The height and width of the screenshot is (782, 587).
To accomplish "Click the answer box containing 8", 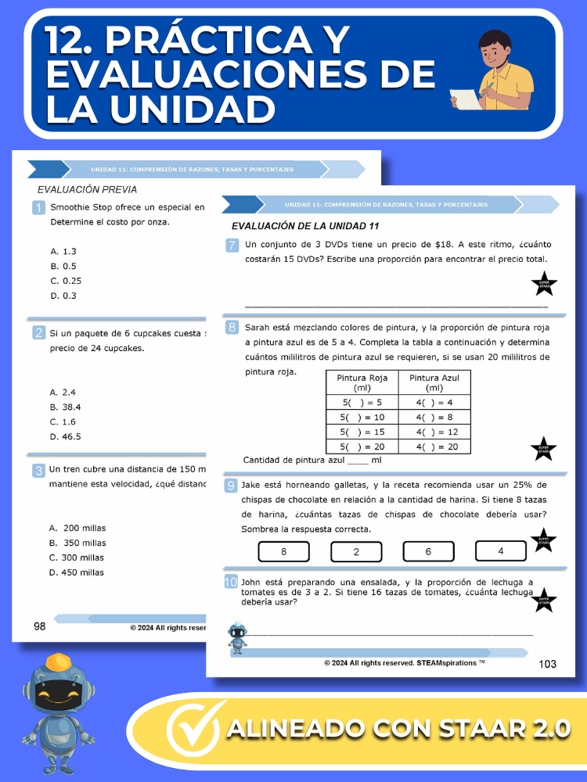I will [283, 551].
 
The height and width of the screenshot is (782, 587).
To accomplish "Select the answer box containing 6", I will [428, 551].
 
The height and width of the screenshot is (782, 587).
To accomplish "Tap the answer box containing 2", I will [356, 551].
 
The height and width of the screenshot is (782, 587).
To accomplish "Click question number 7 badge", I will [232, 246].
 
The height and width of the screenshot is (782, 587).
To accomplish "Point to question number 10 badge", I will [231, 582].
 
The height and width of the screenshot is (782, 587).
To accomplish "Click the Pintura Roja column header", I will [362, 382].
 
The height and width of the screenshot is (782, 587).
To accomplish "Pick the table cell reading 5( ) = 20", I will [362, 447].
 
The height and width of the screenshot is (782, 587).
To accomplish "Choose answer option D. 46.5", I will [66, 436].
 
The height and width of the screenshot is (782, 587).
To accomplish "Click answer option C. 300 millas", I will [77, 558].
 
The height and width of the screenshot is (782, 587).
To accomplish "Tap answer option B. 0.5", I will [63, 266].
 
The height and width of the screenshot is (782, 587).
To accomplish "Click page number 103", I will [548, 664].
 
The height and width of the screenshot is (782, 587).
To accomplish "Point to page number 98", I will [39, 626].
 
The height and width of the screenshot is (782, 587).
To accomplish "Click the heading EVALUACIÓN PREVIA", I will [87, 189].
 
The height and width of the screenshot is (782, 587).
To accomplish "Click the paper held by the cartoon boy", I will [467, 98].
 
